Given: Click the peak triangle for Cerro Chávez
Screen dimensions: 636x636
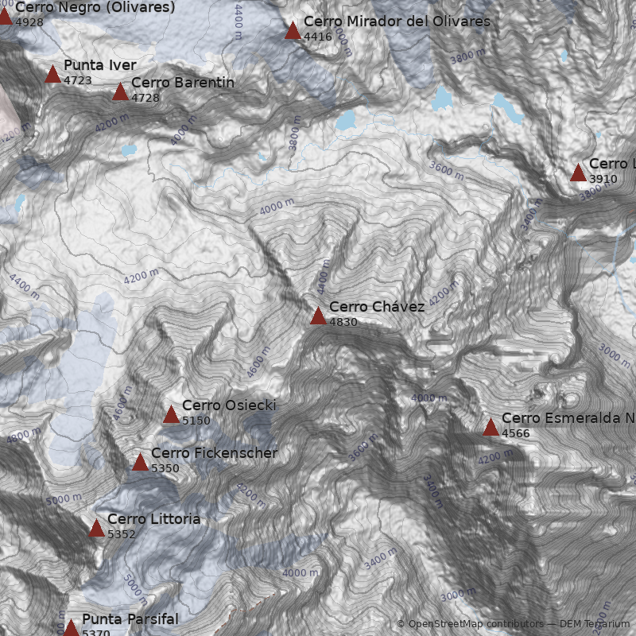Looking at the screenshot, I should (318, 316).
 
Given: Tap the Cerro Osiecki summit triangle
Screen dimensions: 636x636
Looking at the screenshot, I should (171, 414).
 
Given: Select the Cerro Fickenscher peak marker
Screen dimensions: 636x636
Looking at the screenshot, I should (140, 462).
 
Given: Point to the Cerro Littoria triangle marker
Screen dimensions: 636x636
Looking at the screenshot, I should (96, 528).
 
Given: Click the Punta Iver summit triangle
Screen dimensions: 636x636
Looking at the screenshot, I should (52, 75).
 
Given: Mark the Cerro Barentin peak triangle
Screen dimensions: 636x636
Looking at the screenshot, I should (120, 92).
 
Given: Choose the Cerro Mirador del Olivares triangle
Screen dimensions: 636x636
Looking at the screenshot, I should (293, 31).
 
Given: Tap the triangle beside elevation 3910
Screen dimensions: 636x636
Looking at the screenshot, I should (578, 173).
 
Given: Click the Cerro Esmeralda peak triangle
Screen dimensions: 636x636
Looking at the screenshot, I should (491, 427).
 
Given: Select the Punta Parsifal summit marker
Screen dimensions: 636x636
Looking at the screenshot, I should (71, 628).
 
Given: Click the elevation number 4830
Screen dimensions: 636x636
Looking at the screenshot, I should (343, 323).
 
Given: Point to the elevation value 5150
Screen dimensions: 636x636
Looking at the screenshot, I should (196, 421).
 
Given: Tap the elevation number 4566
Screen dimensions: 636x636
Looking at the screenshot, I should (516, 433).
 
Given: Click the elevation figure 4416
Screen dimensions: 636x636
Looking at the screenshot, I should (318, 37).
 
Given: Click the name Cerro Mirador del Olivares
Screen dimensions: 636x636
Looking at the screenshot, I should (397, 21).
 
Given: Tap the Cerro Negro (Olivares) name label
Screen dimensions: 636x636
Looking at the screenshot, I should (95, 7).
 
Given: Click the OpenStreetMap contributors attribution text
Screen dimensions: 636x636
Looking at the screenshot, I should (475, 624).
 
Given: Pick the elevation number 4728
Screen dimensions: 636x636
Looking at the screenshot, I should (145, 98).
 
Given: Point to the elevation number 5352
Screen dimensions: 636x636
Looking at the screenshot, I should (122, 534).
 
